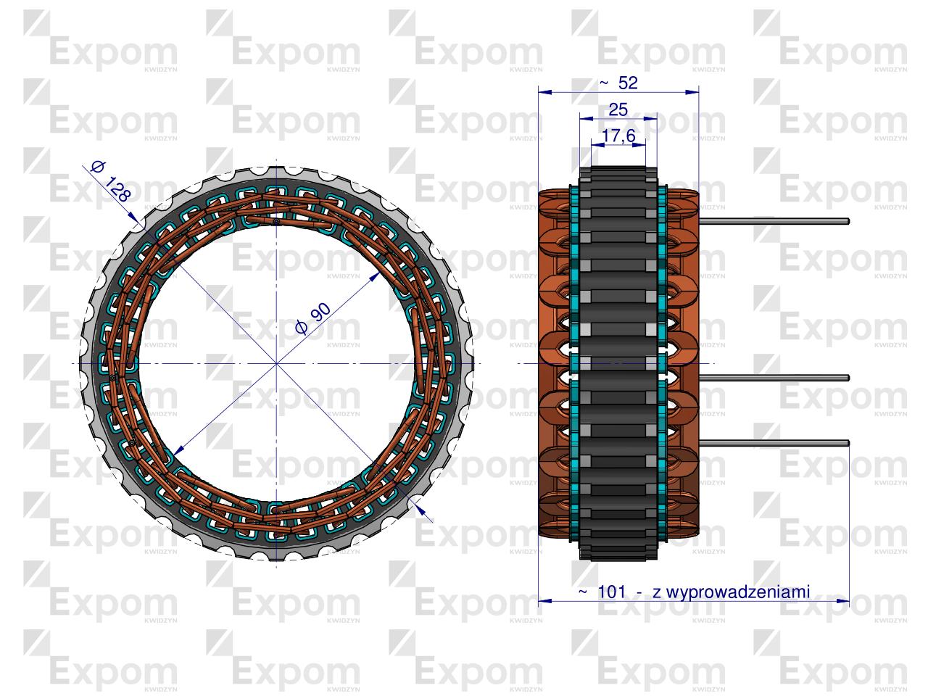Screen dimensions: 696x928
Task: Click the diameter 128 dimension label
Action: tap(111, 181)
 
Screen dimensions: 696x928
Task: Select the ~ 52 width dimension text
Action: tap(618, 83)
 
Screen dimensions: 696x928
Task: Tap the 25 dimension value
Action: tap(618, 109)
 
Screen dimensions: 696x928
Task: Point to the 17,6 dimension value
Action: tap(618, 136)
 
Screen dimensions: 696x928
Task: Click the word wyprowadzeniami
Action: tap(731, 592)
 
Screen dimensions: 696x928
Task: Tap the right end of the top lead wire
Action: tap(848, 221)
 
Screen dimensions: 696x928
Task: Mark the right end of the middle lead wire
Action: tap(848, 377)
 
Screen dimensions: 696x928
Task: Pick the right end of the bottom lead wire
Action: tap(848, 444)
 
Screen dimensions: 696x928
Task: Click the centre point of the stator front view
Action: tap(276, 362)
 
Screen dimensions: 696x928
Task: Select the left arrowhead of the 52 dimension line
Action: tap(544, 92)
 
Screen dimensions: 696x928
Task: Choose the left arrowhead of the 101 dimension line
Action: tap(544, 601)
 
